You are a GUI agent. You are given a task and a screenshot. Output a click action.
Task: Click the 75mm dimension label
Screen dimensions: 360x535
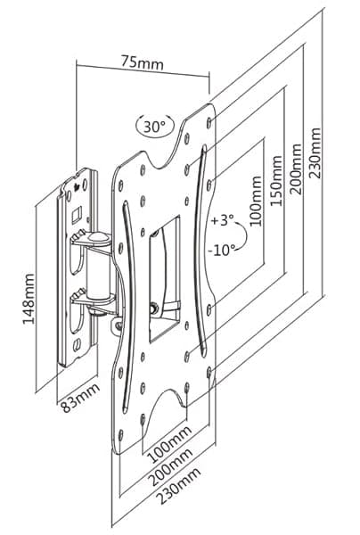(x=143, y=62)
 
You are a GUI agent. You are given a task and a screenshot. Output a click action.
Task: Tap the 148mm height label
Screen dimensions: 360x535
(x=29, y=299)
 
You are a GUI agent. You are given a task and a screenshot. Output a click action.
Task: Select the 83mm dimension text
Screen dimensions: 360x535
(x=80, y=398)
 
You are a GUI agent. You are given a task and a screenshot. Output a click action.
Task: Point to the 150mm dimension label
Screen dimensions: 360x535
(x=276, y=181)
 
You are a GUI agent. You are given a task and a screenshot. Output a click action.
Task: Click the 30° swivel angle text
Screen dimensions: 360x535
(x=154, y=127)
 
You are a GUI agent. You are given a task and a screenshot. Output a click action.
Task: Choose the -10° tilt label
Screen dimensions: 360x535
(x=222, y=251)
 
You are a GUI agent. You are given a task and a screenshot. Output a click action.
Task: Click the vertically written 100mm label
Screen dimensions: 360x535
(x=256, y=202)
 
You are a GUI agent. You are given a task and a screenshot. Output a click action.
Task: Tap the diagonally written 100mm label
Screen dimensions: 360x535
(x=169, y=443)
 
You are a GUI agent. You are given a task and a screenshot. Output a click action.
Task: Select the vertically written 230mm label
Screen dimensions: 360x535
(x=315, y=153)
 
